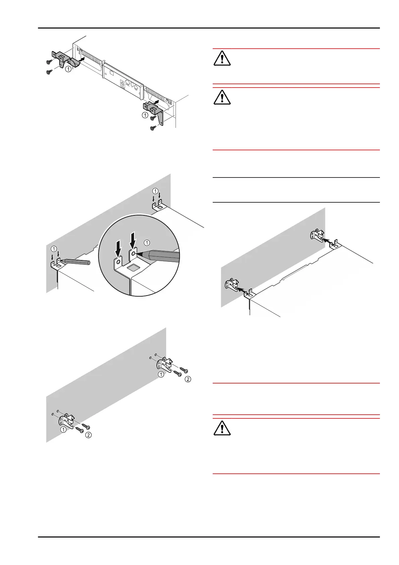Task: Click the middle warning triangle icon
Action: click(222, 97)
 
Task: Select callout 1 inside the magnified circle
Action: click(146, 242)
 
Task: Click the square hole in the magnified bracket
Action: click(133, 268)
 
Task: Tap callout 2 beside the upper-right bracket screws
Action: click(188, 379)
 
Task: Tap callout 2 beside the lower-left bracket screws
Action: click(88, 435)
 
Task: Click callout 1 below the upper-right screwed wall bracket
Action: click(161, 374)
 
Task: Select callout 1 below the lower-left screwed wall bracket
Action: click(63, 429)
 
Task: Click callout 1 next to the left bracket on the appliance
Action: click(68, 69)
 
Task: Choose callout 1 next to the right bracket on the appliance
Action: click(145, 115)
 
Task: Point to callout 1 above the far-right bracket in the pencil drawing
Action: click(155, 191)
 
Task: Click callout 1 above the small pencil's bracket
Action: click(54, 249)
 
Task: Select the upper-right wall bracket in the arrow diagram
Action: click(317, 235)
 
